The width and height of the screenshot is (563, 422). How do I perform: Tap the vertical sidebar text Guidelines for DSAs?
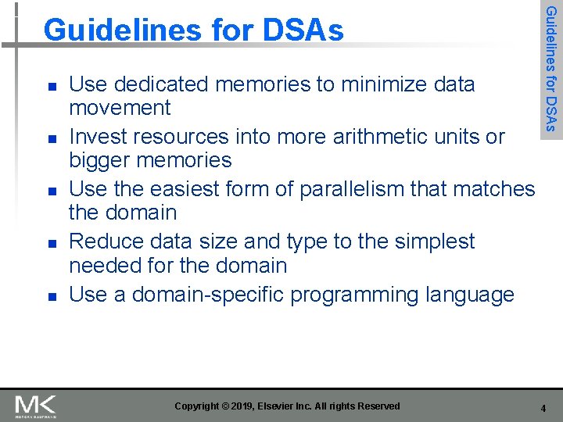pyautogui.click(x=551, y=69)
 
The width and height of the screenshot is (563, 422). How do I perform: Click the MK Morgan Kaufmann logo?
pyautogui.click(x=35, y=406)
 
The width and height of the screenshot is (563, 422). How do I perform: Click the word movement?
pyautogui.click(x=120, y=108)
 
